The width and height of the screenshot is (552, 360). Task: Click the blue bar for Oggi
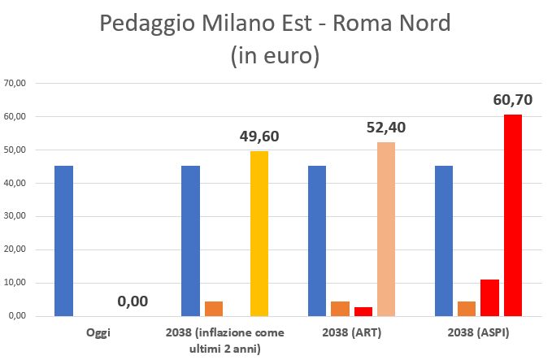63,241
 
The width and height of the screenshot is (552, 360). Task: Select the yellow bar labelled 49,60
259,233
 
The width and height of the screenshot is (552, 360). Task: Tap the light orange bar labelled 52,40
386,229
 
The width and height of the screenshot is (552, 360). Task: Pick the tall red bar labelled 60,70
513,215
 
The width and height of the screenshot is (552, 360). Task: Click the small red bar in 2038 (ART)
363,311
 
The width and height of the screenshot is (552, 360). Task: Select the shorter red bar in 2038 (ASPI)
489,297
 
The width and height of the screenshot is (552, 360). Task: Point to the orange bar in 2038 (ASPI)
467,309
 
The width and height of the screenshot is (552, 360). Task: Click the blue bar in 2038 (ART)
317,241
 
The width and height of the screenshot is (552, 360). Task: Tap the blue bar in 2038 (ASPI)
444,241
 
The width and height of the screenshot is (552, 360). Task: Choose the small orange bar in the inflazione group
214,309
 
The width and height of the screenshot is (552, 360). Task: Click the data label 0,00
133,301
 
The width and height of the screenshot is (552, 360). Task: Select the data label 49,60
259,136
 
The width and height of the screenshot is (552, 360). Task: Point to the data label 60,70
513,100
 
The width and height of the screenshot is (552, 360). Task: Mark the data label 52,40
386,127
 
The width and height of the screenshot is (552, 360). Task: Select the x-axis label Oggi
98,333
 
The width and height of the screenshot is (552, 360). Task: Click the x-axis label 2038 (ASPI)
478,333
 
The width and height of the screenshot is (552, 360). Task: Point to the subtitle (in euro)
275,55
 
